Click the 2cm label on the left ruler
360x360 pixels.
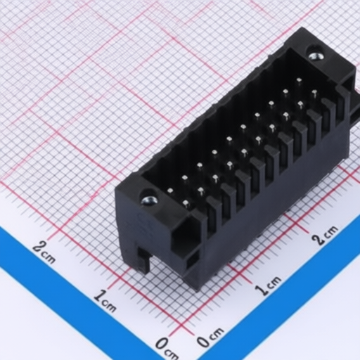(44, 252)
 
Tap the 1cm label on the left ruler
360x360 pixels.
(105, 301)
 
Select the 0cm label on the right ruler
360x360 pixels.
(210, 337)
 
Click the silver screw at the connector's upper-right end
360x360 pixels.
(316, 56)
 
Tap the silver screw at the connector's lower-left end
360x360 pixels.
(149, 200)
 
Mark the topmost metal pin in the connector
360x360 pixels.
(299, 80)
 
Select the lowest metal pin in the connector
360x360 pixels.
(186, 203)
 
